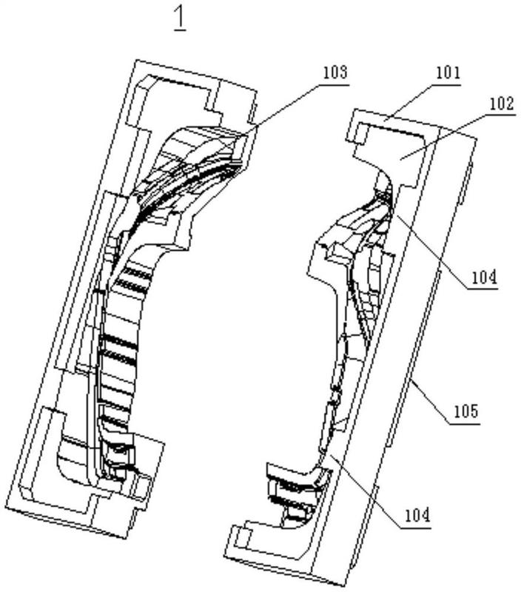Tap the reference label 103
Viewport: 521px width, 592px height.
[x=335, y=73]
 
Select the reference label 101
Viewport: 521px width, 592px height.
[x=448, y=73]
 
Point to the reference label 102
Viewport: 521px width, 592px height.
[x=502, y=104]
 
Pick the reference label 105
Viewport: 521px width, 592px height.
[x=466, y=411]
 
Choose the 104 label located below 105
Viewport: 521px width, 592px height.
[x=417, y=515]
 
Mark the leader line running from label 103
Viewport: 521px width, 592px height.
[x=284, y=110]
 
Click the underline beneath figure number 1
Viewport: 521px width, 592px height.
[x=181, y=30]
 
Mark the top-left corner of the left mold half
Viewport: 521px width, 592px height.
[x=135, y=60]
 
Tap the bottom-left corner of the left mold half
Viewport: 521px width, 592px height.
[x=6, y=507]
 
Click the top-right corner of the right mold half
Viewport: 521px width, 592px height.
[x=477, y=138]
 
